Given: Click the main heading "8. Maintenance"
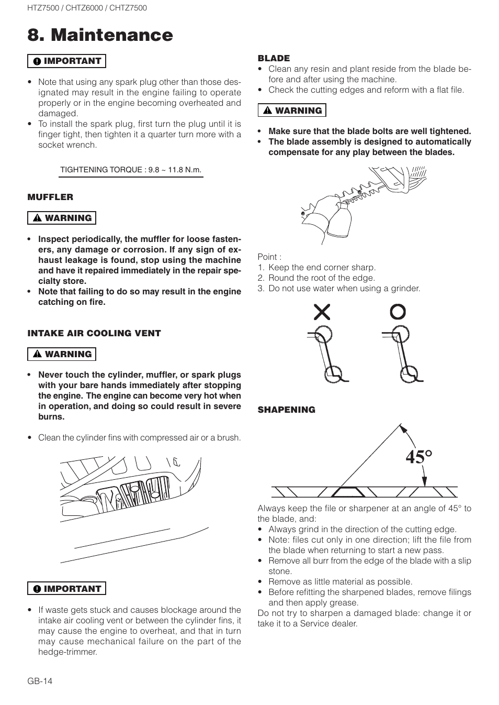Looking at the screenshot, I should coord(100,35).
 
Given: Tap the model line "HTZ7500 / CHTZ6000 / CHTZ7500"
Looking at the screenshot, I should coord(87,8).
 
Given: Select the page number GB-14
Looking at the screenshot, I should coord(40,681).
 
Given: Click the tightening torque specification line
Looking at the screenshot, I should coord(131,170).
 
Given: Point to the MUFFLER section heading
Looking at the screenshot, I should coord(50,197).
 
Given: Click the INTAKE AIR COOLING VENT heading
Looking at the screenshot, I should coord(94,333).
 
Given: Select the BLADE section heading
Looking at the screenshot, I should coord(274,58).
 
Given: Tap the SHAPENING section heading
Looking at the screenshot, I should coord(286,410).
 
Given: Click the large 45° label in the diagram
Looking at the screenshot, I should coord(418,457).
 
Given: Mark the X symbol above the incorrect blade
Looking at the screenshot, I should coord(322,312).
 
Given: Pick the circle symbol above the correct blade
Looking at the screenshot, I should coord(398,312).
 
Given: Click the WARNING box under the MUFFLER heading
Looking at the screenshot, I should coord(62,218).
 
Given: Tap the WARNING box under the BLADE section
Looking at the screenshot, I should coord(292,111).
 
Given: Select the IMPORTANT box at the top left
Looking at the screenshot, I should coord(66,61).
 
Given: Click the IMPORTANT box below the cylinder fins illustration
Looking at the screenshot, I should coord(66,589).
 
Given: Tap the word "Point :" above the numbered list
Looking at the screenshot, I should coord(269,257).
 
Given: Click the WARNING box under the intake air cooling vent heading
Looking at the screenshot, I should coord(62,354).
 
